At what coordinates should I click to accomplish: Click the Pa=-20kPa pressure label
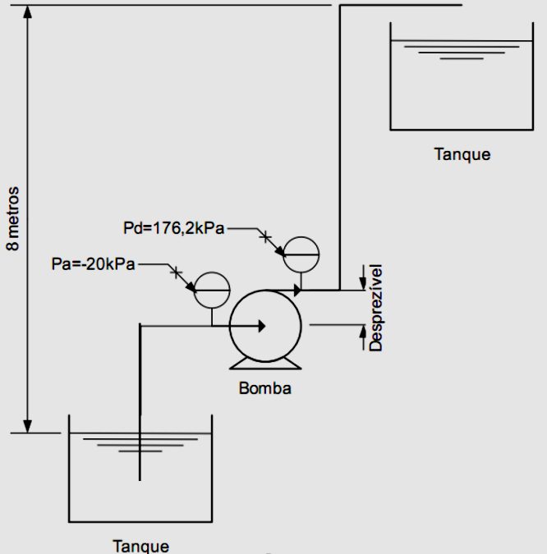coord(93,264)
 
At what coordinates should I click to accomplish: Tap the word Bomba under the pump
coord(264,388)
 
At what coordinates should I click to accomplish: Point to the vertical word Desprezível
coord(376,308)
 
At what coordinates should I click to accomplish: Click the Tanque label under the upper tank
coord(462,153)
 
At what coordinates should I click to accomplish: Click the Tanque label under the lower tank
coord(140,545)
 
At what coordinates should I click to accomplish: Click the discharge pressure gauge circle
coord(301,254)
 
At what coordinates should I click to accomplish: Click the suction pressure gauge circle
coord(211,289)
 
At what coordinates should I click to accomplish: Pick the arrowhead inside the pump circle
coord(260,326)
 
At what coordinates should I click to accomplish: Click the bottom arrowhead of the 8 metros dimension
coord(28,425)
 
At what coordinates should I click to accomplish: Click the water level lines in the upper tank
coord(460,50)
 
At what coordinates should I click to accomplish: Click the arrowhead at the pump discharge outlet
coord(298,290)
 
